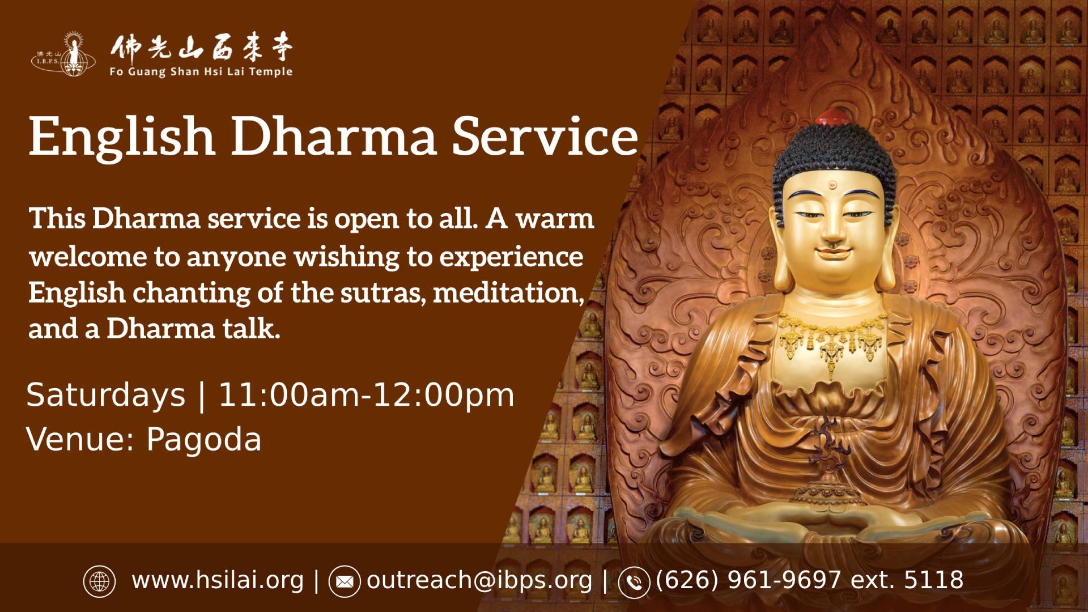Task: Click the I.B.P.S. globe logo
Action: [x=56, y=54]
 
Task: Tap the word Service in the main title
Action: [x=545, y=137]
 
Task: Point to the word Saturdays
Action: [x=106, y=394]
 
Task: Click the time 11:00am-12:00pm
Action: [x=367, y=394]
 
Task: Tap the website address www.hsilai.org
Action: [x=218, y=580]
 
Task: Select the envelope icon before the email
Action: [x=345, y=581]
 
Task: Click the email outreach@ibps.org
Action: [x=479, y=580]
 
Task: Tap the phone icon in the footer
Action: [x=634, y=582]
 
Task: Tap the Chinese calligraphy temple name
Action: [x=202, y=49]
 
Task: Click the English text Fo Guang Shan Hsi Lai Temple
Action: [x=202, y=72]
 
